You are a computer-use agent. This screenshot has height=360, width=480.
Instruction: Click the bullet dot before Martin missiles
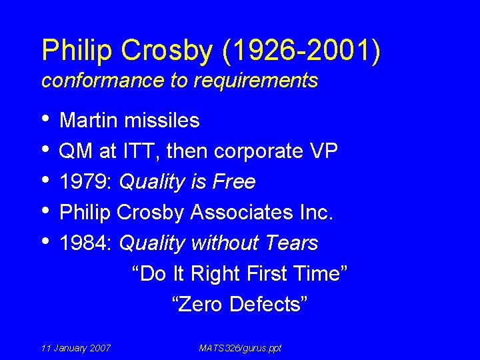coord(45,119)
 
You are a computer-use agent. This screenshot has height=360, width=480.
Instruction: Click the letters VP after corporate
coord(323,151)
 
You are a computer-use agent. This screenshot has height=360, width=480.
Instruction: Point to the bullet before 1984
coord(45,242)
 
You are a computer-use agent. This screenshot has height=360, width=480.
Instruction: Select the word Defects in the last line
coord(269,305)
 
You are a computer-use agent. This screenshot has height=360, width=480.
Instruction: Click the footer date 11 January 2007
coord(76,348)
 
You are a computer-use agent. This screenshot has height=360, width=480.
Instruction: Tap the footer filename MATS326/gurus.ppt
coord(240,348)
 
